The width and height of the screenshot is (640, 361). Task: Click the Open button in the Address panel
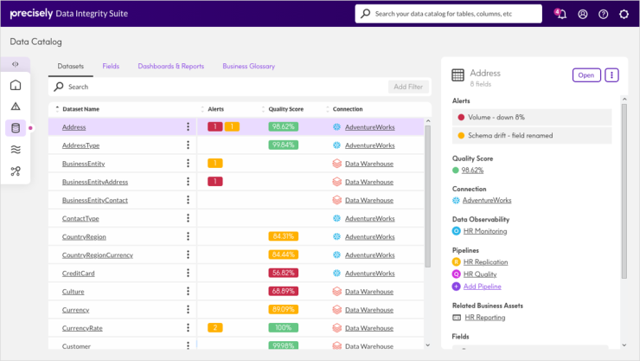pyautogui.click(x=586, y=75)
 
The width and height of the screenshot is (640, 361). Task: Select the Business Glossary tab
pyautogui.click(x=248, y=66)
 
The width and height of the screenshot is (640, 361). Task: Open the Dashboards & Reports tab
pyautogui.click(x=170, y=66)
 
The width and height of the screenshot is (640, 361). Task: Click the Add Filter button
pyautogui.click(x=408, y=87)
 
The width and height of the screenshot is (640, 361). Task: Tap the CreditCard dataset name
pyautogui.click(x=78, y=273)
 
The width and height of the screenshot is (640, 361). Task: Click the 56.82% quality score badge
pyautogui.click(x=283, y=273)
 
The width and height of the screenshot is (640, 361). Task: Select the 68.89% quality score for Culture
pyautogui.click(x=283, y=291)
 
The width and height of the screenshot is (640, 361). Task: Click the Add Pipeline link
pyautogui.click(x=482, y=287)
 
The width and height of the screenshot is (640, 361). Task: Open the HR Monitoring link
pyautogui.click(x=484, y=231)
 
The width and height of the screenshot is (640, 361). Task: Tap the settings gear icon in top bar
pyautogui.click(x=624, y=14)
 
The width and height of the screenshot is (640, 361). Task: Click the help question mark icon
pyautogui.click(x=603, y=14)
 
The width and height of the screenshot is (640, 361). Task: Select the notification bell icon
pyautogui.click(x=561, y=14)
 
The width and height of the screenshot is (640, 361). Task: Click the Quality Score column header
pyautogui.click(x=285, y=109)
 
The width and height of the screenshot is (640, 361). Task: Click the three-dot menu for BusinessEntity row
pyautogui.click(x=188, y=163)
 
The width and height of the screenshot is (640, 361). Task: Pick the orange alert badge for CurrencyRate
pyautogui.click(x=215, y=328)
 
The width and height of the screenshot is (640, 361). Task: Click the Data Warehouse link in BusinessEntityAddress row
pyautogui.click(x=368, y=182)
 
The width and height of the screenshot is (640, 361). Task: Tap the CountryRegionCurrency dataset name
pyautogui.click(x=97, y=255)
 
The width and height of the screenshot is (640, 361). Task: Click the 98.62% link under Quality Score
pyautogui.click(x=472, y=171)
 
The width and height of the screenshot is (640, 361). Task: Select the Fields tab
pyautogui.click(x=111, y=66)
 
